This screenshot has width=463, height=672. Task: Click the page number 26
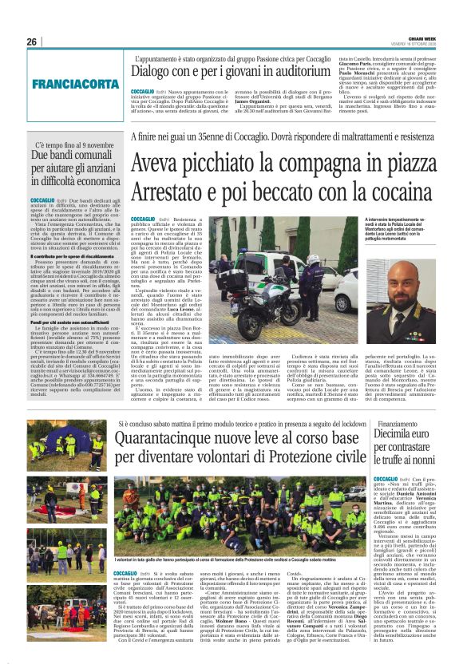(32, 41)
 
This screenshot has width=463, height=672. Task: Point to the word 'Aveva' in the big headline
(163, 164)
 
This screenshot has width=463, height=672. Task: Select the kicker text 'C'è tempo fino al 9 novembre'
(68, 145)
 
